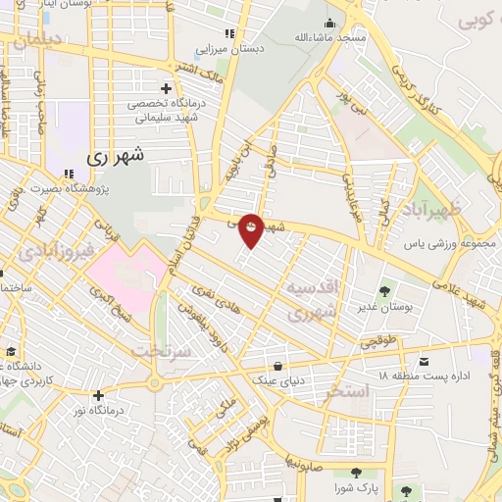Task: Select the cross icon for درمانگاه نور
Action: pos(98,395)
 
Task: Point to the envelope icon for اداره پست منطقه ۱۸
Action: pos(423,362)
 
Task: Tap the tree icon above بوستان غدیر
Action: pos(382,291)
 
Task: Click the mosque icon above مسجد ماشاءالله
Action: pos(329,23)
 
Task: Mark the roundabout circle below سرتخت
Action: pos(153,382)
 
